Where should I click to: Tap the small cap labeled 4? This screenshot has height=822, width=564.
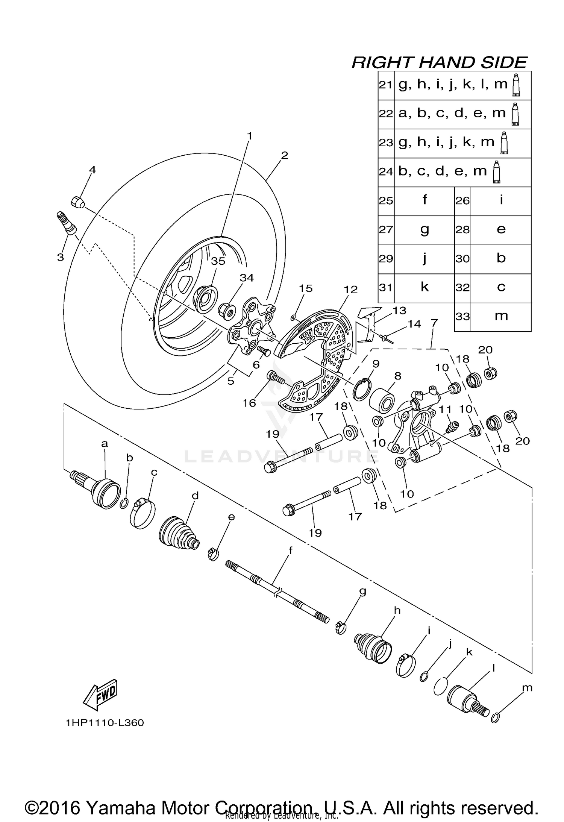[77, 202]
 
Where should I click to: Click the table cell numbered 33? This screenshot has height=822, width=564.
[463, 317]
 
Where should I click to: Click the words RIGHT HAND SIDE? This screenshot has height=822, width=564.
[439, 62]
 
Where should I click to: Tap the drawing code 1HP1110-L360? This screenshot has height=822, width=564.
[105, 723]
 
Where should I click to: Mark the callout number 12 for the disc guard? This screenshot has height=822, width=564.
[350, 290]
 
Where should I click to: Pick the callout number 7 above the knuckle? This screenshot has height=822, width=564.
[434, 323]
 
